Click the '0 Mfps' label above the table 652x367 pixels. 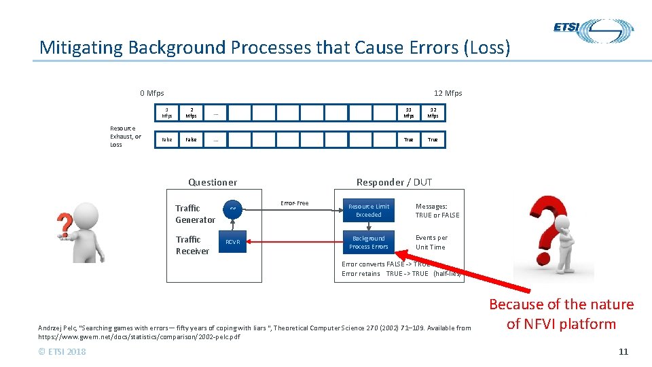pyautogui.click(x=151, y=93)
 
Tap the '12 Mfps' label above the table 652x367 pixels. pyautogui.click(x=448, y=93)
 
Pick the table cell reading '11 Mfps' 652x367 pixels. pyautogui.click(x=408, y=113)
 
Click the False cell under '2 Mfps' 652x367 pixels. pyautogui.click(x=192, y=139)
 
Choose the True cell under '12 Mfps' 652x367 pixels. pyautogui.click(x=433, y=139)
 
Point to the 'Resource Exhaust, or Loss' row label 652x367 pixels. pyautogui.click(x=125, y=136)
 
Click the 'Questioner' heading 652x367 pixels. pyautogui.click(x=213, y=182)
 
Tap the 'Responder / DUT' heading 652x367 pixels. pyautogui.click(x=394, y=182)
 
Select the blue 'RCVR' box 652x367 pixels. pyautogui.click(x=232, y=242)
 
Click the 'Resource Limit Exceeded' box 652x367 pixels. pyautogui.click(x=369, y=211)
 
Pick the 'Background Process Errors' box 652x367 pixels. pyautogui.click(x=369, y=243)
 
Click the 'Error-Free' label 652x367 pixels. pyautogui.click(x=294, y=203)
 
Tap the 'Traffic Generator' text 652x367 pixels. pyautogui.click(x=195, y=214)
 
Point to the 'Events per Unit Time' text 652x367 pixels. pyautogui.click(x=431, y=243)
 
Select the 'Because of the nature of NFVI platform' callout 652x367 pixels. pyautogui.click(x=561, y=314)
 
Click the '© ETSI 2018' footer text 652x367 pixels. pyautogui.click(x=62, y=351)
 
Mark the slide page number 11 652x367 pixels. pyautogui.click(x=623, y=351)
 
